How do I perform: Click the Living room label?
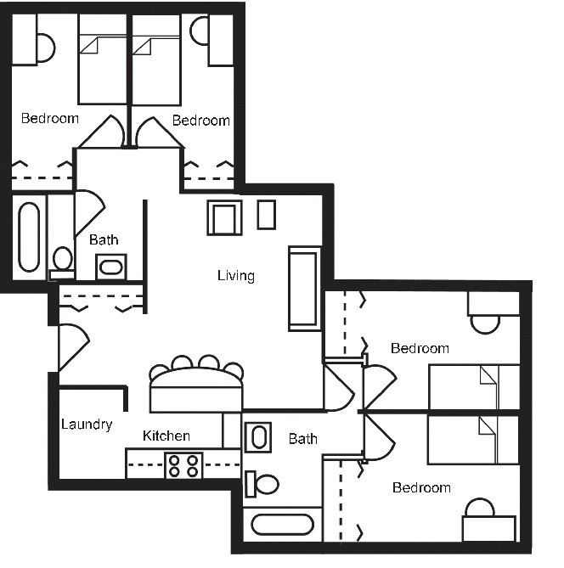[x=235, y=276]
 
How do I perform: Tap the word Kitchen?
[x=166, y=436]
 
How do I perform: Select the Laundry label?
[x=87, y=425]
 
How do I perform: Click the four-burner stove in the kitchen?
[x=183, y=465]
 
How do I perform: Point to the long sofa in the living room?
[x=304, y=288]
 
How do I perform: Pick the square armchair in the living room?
[x=224, y=218]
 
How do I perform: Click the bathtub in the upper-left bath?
[x=29, y=236]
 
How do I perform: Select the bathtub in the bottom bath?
[x=282, y=524]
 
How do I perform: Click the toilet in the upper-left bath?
[x=62, y=258]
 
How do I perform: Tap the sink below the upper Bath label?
[x=111, y=267]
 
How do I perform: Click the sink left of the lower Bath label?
[x=257, y=437]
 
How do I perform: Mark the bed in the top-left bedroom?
[x=103, y=64]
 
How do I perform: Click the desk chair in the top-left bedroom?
[x=45, y=48]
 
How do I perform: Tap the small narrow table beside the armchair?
[x=266, y=215]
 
